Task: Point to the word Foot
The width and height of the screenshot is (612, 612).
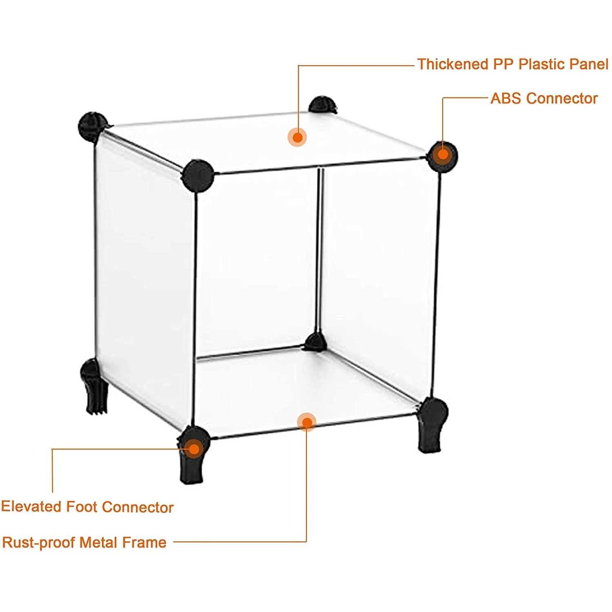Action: (82, 507)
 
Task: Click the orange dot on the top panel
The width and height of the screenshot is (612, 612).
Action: (297, 137)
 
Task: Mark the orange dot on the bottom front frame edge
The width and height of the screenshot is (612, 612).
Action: (306, 422)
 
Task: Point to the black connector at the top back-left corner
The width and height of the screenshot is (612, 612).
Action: (92, 126)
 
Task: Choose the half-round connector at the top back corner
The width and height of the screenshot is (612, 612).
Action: (322, 105)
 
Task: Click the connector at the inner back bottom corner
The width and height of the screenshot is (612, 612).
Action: (315, 342)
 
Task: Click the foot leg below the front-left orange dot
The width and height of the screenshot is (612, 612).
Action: (192, 469)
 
